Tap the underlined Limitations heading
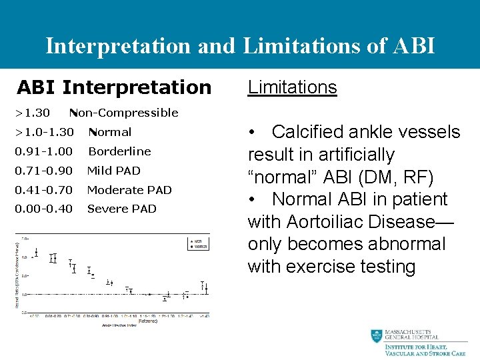point(292,87)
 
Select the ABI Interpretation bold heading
point(113,87)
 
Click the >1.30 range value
point(33,113)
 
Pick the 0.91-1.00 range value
point(44,151)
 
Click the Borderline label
point(119,151)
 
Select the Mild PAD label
point(114,171)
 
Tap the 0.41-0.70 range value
point(44,190)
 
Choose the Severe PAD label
point(122,209)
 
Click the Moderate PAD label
point(129,190)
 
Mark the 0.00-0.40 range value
point(44,209)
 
